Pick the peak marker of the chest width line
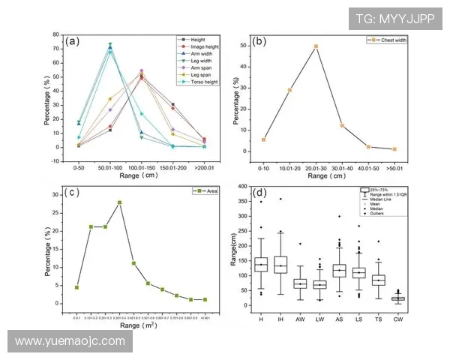[316, 46]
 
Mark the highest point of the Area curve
[119, 202]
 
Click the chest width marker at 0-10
[263, 139]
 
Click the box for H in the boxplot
[261, 265]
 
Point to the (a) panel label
[73, 41]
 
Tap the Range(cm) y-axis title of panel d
[235, 247]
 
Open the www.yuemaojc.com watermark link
[70, 341]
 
